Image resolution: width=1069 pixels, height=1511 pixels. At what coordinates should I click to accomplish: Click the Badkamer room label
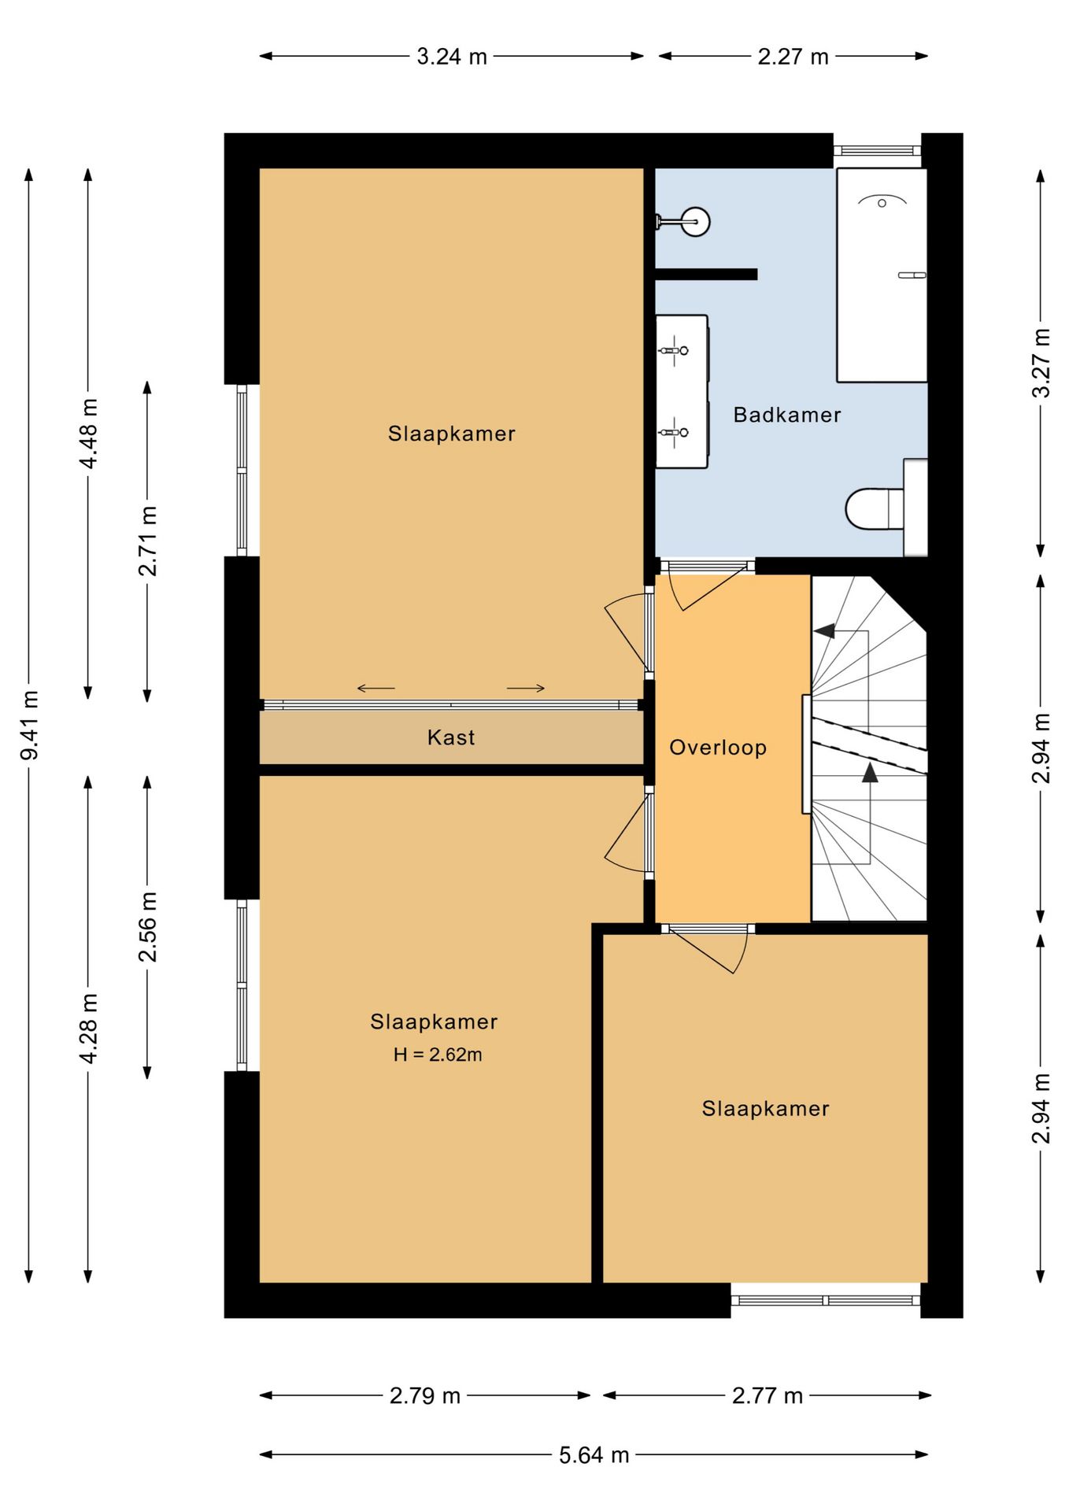point(786,415)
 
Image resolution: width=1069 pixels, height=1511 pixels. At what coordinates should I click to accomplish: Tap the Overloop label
point(718,748)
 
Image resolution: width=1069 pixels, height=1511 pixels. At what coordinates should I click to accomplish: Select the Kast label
point(451,737)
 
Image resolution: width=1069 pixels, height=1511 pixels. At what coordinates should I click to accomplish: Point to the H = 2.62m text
point(438,1055)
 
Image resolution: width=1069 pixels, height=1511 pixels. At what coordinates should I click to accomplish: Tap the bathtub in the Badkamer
point(882,275)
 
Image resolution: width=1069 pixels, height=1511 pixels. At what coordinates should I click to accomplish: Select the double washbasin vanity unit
point(682,392)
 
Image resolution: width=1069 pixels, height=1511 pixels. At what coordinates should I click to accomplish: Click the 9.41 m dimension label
point(29,726)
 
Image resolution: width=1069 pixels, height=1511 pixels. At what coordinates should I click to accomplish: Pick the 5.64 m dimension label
point(594,1455)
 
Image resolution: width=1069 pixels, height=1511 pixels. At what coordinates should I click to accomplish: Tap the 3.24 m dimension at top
point(452,57)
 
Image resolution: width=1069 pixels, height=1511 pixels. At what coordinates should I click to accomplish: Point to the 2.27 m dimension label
point(793,57)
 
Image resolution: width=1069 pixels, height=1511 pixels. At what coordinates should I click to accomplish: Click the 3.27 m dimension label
point(1041,363)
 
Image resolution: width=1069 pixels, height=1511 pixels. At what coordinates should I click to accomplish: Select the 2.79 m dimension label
point(425,1395)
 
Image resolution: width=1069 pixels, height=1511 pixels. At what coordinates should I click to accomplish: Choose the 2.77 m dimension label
point(768,1395)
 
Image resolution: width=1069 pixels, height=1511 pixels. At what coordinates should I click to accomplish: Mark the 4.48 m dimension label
point(88,434)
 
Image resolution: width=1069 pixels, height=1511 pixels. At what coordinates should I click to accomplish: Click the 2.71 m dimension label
point(147,541)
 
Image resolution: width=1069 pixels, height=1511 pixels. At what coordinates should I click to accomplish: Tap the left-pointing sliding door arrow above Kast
point(375,689)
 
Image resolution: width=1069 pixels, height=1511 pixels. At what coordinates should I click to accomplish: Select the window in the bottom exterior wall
point(826,1300)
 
